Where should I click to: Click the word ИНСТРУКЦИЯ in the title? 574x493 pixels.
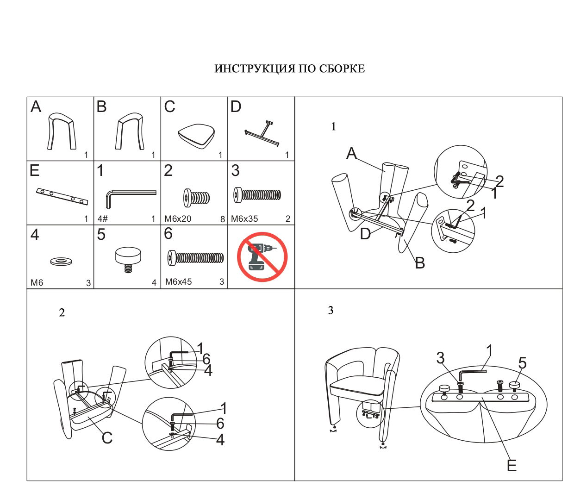(x=255, y=69)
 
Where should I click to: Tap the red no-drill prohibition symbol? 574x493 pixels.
(x=262, y=257)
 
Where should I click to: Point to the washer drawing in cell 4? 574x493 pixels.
(x=61, y=262)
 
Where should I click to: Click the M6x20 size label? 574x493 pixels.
(x=178, y=219)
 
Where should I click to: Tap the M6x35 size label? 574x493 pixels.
(x=244, y=219)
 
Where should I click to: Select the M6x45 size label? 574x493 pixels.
(x=178, y=282)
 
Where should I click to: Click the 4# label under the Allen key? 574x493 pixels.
(x=102, y=219)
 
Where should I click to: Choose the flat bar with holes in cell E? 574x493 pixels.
(x=62, y=196)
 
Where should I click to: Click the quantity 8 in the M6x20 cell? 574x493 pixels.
(x=223, y=219)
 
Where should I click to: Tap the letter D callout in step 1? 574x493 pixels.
(x=365, y=234)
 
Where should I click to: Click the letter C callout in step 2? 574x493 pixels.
(x=107, y=438)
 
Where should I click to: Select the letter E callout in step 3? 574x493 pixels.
(x=512, y=466)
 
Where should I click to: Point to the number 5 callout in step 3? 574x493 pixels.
(x=522, y=363)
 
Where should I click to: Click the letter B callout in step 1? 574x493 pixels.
(x=420, y=263)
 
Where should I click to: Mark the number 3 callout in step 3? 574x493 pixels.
(x=440, y=358)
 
